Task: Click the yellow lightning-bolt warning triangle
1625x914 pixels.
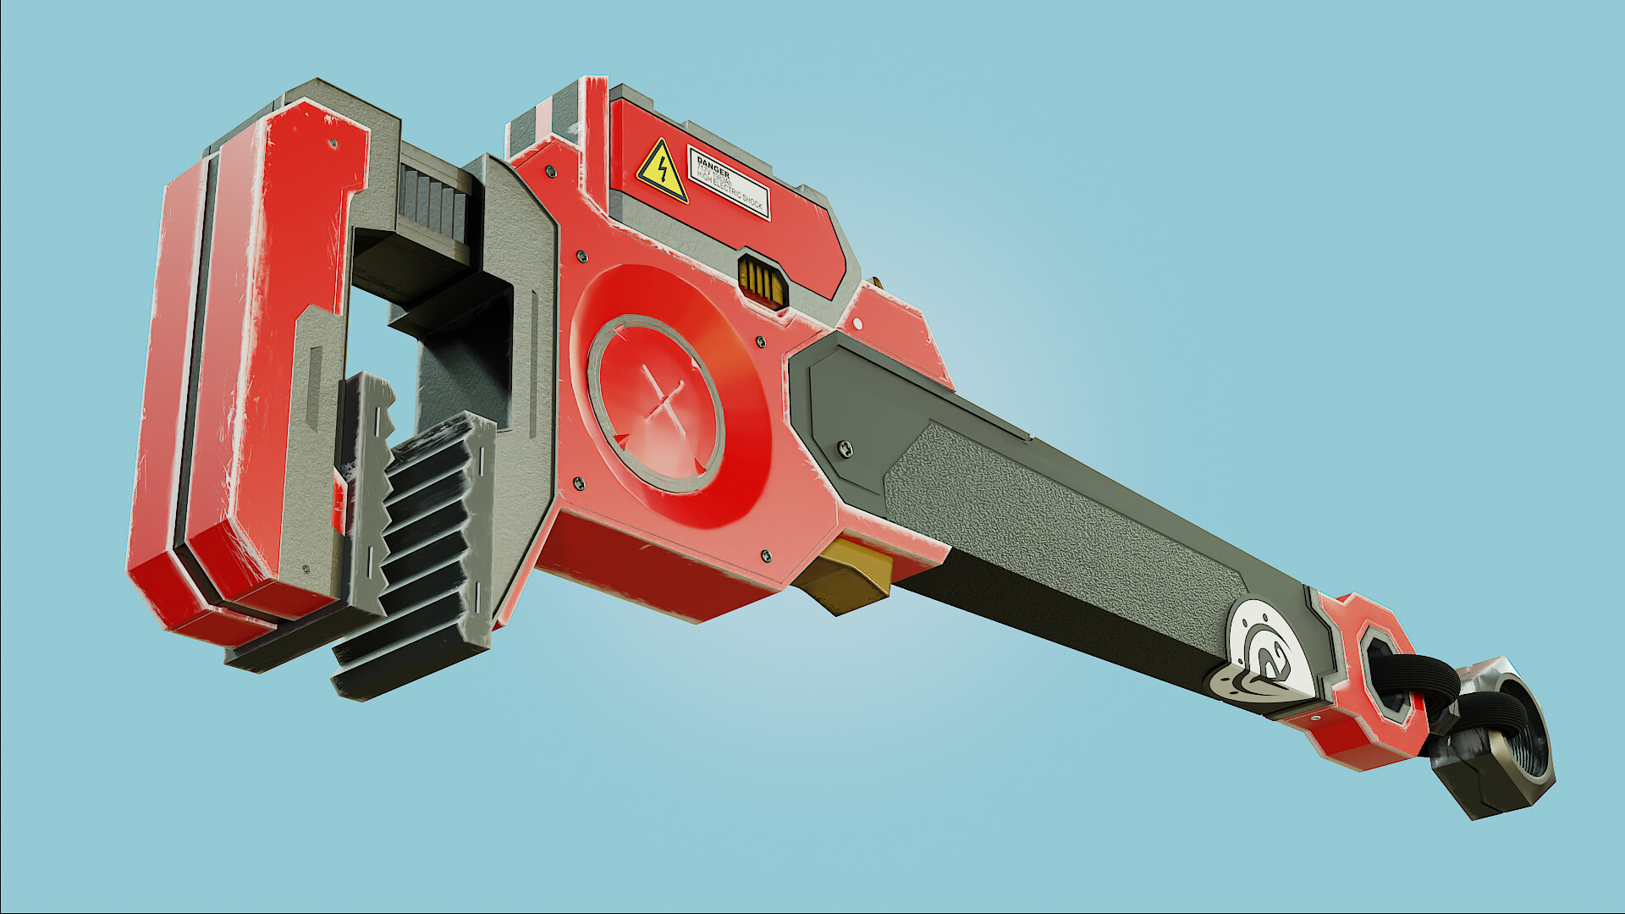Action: [x=662, y=172]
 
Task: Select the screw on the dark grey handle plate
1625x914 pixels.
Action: [x=844, y=448]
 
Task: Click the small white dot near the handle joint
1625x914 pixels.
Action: [x=857, y=323]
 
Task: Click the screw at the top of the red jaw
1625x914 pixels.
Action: [x=333, y=145]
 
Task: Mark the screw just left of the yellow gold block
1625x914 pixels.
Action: [x=766, y=556]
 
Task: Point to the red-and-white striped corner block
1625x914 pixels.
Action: [x=542, y=127]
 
